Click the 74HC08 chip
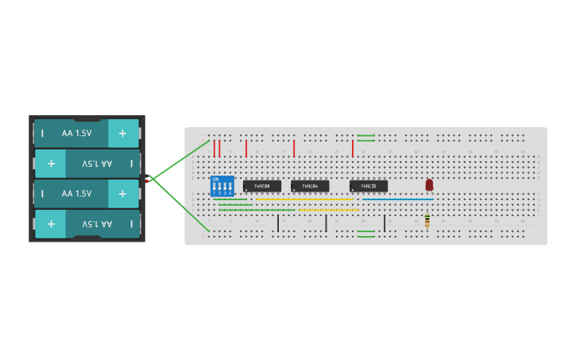tap(261, 186)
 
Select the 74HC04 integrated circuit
tap(310, 186)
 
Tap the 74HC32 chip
tap(369, 186)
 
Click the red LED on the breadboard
tap(429, 184)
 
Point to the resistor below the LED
tap(427, 220)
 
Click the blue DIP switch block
tap(222, 186)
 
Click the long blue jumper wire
tap(397, 199)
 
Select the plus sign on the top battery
tap(122, 134)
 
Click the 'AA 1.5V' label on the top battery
tap(76, 134)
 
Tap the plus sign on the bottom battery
tap(51, 224)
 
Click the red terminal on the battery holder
tap(148, 181)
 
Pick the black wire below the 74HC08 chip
tap(278, 223)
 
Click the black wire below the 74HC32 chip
tap(385, 223)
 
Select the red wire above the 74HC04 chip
tap(294, 149)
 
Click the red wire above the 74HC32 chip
tap(353, 149)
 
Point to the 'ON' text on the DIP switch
tap(215, 179)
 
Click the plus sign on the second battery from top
tap(51, 164)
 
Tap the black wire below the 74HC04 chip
tap(326, 223)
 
